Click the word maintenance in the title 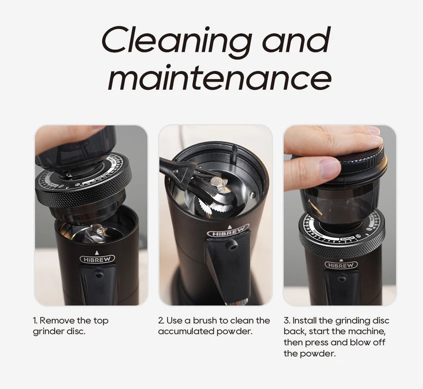pyautogui.click(x=219, y=77)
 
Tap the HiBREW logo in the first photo pyautogui.click(x=97, y=259)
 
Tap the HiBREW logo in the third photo pyautogui.click(x=341, y=265)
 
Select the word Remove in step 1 pyautogui.click(x=57, y=320)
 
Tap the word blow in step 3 pyautogui.click(x=361, y=342)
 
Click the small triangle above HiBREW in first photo pyautogui.click(x=97, y=252)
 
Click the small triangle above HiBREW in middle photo pyautogui.click(x=229, y=227)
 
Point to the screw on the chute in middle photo pyautogui.click(x=232, y=245)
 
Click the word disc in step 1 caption pyautogui.click(x=76, y=331)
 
